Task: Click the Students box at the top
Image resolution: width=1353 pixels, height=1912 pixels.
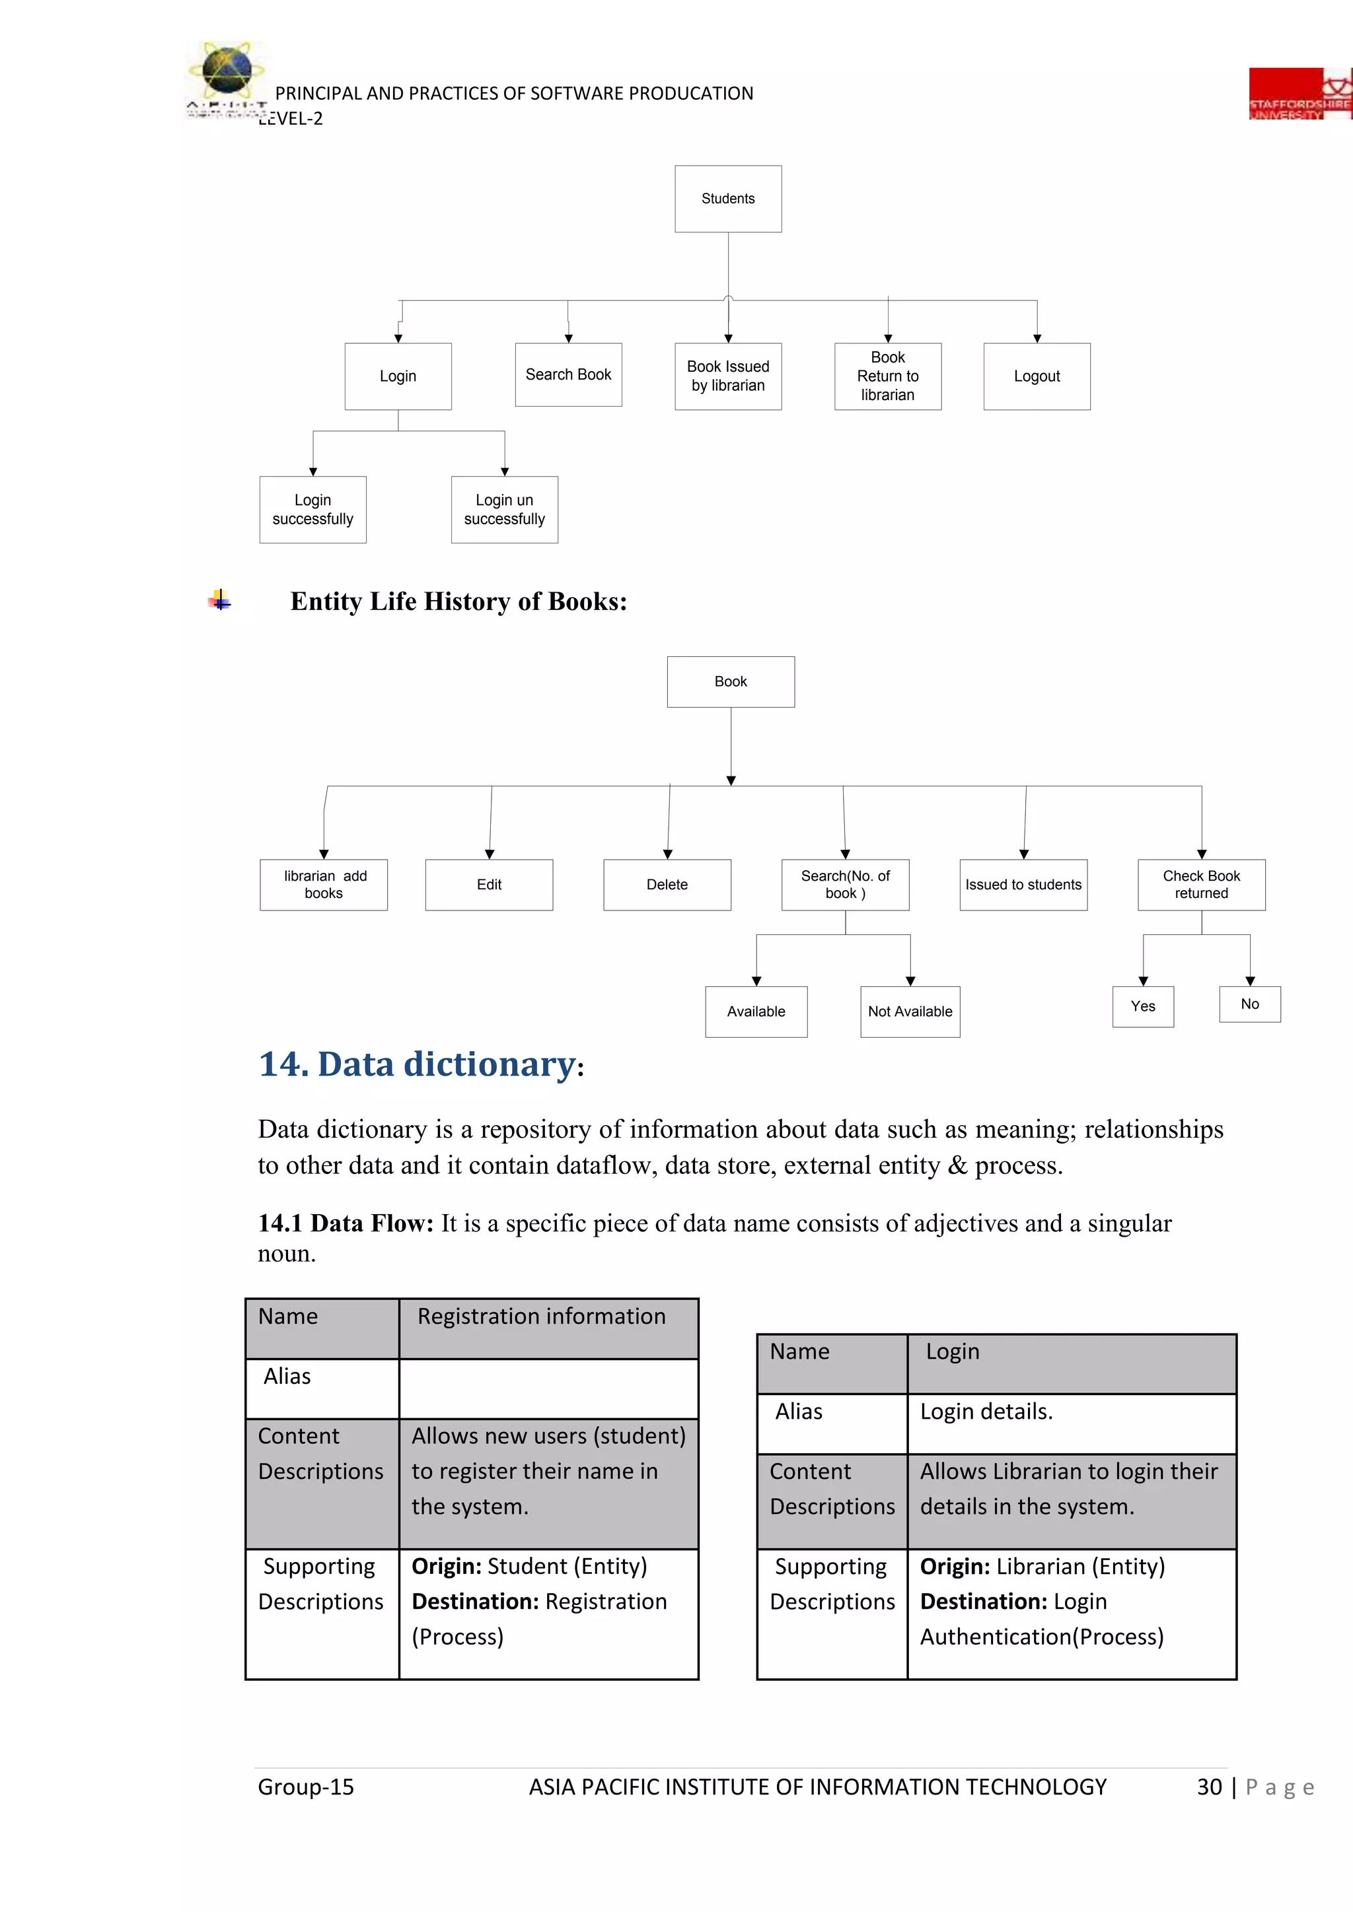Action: tap(727, 199)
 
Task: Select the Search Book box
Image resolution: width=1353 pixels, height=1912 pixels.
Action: tap(568, 375)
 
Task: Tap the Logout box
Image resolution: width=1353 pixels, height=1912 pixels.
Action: tap(1037, 376)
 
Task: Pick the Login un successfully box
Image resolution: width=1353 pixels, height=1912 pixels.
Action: tap(504, 510)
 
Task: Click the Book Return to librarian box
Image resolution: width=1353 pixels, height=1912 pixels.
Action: tap(887, 376)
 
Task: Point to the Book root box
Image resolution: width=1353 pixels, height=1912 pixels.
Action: tap(731, 682)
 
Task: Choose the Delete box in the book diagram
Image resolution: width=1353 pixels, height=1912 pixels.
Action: tap(667, 885)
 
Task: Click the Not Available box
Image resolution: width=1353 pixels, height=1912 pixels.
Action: tap(910, 1012)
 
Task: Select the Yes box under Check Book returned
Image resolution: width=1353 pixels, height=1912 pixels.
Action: tap(1142, 1007)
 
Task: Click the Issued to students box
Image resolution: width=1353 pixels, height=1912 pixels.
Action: tap(1023, 885)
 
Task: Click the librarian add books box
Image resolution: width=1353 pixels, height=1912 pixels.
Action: tap(323, 885)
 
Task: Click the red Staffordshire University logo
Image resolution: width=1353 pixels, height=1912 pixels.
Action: tap(1299, 94)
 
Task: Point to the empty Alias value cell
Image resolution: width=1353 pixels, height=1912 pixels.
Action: tap(548, 1388)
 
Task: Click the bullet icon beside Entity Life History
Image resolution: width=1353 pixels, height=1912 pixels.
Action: tap(220, 600)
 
